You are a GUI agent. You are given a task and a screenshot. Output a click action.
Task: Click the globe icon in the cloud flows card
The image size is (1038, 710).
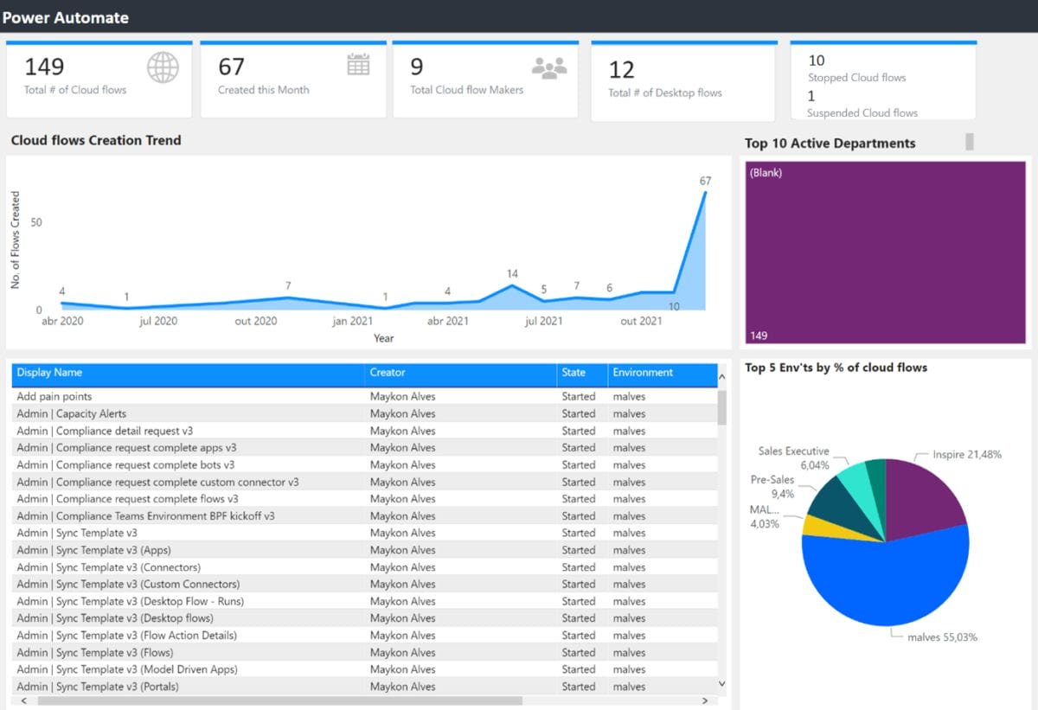[163, 67]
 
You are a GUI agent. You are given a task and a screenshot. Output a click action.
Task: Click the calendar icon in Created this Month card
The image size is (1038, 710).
[358, 64]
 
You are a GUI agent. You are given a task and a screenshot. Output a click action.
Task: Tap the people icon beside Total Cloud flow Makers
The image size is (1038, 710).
[548, 67]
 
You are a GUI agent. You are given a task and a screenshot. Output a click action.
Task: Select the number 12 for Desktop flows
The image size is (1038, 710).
[621, 70]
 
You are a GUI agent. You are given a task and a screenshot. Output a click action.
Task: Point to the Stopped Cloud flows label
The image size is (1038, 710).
[856, 78]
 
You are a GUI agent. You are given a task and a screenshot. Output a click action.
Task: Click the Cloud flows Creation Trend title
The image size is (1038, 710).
[96, 140]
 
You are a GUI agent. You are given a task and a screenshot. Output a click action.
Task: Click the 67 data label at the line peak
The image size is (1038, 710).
[705, 181]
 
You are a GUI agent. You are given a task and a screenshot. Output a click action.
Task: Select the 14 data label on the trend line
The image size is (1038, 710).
[512, 274]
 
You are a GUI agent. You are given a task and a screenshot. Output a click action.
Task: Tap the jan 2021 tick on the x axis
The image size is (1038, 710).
[352, 321]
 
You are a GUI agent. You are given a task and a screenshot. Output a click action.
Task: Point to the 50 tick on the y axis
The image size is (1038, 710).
[36, 222]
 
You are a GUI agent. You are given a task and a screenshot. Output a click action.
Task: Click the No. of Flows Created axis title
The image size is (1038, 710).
[16, 240]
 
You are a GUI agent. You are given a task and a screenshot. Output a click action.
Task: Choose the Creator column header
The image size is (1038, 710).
[388, 373]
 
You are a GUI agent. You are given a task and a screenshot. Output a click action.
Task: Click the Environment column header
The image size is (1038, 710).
[643, 373]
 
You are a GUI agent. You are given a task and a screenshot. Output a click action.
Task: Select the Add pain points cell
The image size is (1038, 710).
[54, 397]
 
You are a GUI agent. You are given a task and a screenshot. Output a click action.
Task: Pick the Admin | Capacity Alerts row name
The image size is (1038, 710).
[72, 413]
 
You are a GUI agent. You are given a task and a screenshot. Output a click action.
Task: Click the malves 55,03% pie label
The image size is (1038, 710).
[942, 637]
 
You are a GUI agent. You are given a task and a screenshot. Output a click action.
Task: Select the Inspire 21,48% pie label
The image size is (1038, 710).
[967, 455]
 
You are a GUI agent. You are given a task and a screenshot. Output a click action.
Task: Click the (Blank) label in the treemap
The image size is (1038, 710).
[766, 173]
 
